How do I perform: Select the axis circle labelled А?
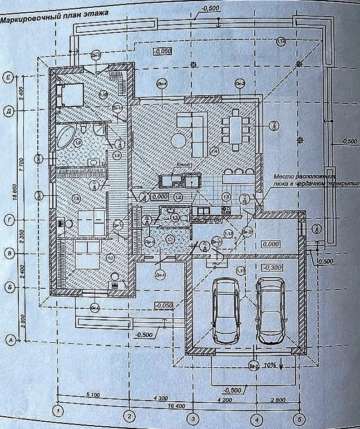point(9,338)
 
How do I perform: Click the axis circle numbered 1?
point(57,412)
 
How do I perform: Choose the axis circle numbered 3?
point(193,417)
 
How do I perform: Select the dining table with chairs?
point(236,130)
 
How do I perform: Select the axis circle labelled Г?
point(8,219)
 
